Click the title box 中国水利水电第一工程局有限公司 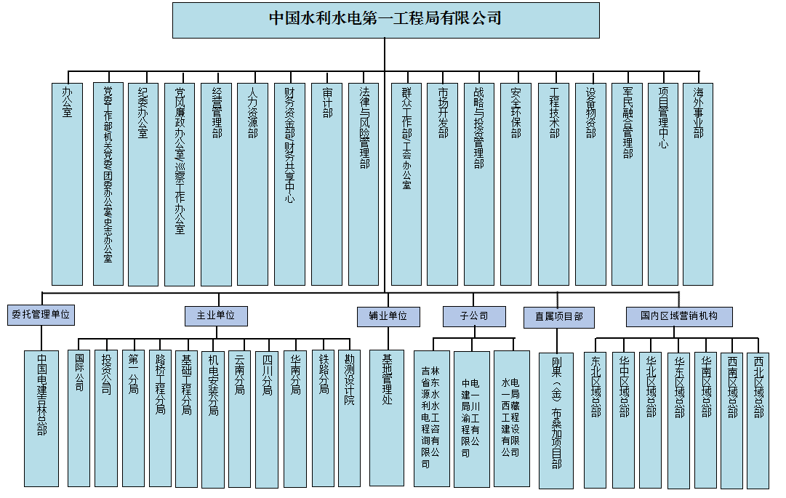pyautogui.click(x=385, y=20)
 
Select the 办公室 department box pyautogui.click(x=67, y=183)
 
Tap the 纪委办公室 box pyautogui.click(x=143, y=183)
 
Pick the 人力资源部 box pyautogui.click(x=252, y=183)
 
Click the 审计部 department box pyautogui.click(x=326, y=183)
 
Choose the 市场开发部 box pyautogui.click(x=442, y=183)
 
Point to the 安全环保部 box pyautogui.click(x=516, y=183)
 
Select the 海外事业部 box pyautogui.click(x=698, y=183)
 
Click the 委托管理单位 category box pyautogui.click(x=41, y=315)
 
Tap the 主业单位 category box pyautogui.click(x=216, y=316)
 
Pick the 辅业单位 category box pyautogui.click(x=388, y=316)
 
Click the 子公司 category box pyautogui.click(x=474, y=316)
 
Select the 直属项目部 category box pyautogui.click(x=558, y=317)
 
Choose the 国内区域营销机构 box pyautogui.click(x=679, y=316)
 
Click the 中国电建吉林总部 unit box pyautogui.click(x=41, y=419)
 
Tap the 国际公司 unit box pyautogui.click(x=79, y=419)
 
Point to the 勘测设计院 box pyautogui.click(x=349, y=419)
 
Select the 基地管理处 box pyautogui.click(x=387, y=417)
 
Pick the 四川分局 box pyautogui.click(x=267, y=419)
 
